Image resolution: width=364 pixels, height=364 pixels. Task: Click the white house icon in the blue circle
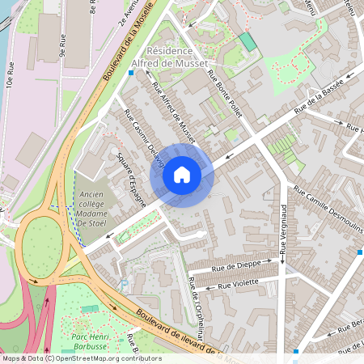coord(182,174)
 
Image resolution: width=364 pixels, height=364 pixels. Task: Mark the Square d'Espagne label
coord(131,180)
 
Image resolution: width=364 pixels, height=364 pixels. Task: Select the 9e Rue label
coord(61,44)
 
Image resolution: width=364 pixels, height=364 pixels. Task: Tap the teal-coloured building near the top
coord(248,41)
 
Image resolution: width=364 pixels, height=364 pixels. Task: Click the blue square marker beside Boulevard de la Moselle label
coord(131,72)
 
